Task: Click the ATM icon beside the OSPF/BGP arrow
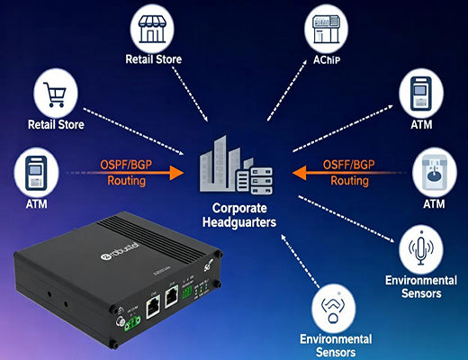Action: coord(34,174)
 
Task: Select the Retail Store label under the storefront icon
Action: coord(153,60)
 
